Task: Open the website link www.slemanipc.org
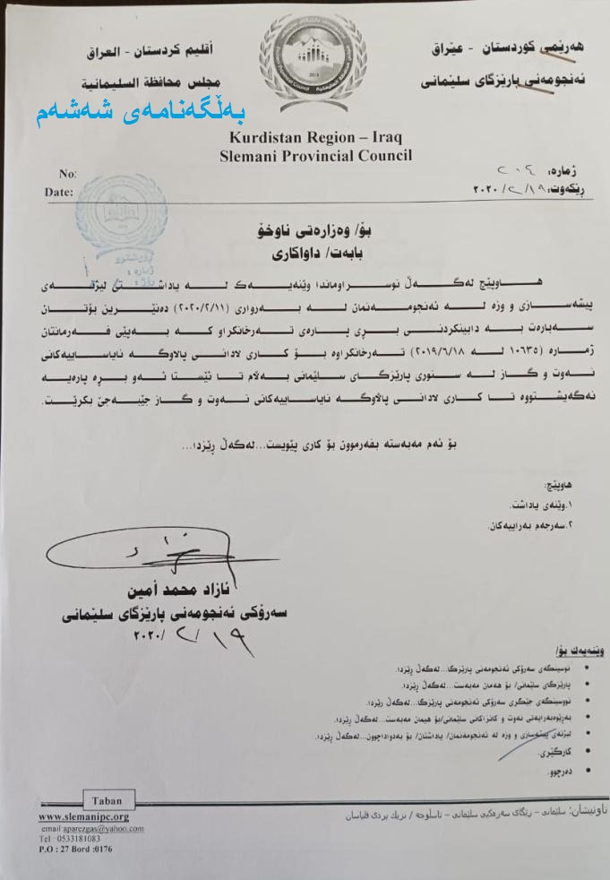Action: (84, 817)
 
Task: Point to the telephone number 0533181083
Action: (70, 839)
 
